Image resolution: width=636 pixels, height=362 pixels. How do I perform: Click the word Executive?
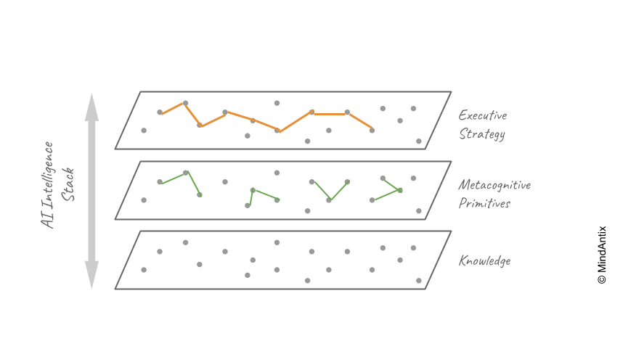point(482,115)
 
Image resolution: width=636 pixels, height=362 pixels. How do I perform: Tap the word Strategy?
point(481,134)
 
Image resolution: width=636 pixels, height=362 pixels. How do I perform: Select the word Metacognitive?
point(494,185)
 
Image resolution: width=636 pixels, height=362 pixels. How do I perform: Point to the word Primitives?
point(484,203)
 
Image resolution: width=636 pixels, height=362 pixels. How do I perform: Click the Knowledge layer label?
point(484,260)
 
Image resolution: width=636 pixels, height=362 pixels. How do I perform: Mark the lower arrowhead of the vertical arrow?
point(91,275)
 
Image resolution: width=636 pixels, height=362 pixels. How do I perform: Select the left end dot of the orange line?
point(160,112)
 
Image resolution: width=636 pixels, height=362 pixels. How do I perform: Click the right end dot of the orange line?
point(372,130)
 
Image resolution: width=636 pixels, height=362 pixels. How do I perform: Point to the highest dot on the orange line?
point(186,103)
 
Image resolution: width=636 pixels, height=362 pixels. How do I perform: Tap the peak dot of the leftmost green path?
point(186,173)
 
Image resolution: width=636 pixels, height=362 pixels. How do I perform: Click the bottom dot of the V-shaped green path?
point(329,200)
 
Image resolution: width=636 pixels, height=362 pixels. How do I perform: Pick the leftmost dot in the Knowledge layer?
point(144,270)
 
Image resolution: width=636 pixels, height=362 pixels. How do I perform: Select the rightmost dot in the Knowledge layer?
point(419,280)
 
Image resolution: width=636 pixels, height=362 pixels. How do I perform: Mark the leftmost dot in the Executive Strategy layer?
point(144,131)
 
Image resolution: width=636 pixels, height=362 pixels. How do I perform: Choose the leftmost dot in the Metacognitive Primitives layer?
point(144,199)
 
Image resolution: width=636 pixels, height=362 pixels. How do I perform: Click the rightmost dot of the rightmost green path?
point(400,190)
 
